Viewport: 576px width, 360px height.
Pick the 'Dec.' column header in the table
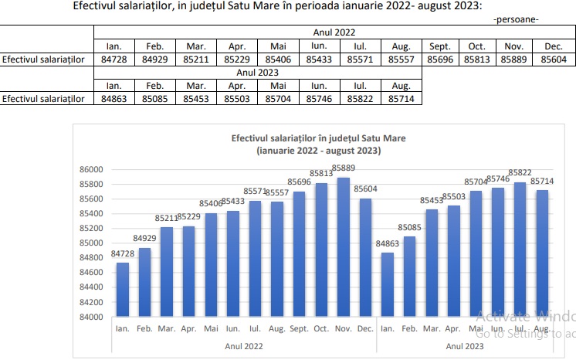555,45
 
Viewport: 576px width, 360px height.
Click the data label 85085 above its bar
410,228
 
